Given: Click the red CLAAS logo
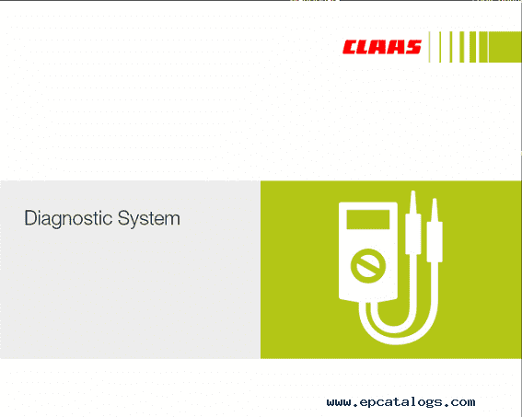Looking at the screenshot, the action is click(x=382, y=47).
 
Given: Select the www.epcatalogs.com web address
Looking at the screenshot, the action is click(x=400, y=402).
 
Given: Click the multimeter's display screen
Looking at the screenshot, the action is click(x=368, y=220).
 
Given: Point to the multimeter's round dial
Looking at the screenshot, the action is click(x=368, y=266).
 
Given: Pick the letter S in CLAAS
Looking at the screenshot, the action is click(x=413, y=47).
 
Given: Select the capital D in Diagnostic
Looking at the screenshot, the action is click(x=30, y=218).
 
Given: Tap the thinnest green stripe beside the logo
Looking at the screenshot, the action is click(x=429, y=47).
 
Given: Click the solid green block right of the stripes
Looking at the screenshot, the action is click(x=505, y=47).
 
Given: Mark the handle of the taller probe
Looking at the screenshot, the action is click(x=413, y=234).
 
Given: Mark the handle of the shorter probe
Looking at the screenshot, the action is click(x=435, y=241).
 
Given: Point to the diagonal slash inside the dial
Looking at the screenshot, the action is click(x=368, y=266).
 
